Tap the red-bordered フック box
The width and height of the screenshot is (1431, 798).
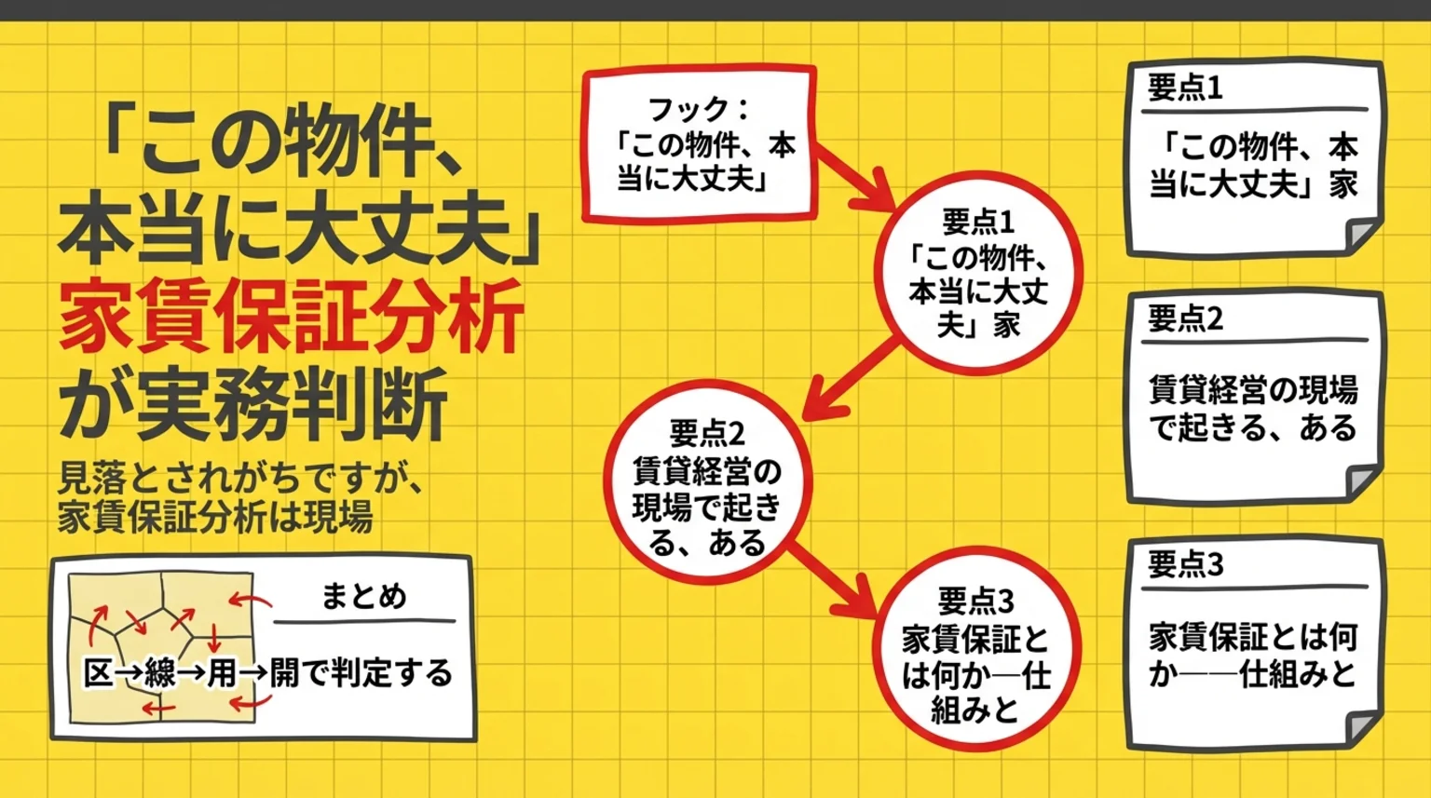700,143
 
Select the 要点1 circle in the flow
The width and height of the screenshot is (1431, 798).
978,273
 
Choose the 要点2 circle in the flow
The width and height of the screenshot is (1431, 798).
707,486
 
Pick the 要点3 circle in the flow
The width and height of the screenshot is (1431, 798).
975,653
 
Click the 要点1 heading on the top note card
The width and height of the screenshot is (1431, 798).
1185,88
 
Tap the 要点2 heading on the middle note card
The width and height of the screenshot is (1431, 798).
1185,319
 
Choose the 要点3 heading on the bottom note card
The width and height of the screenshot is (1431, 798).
1185,564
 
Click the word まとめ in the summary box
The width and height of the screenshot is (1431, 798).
364,596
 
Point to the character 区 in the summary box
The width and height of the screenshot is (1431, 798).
98,672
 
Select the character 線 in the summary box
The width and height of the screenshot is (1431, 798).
160,672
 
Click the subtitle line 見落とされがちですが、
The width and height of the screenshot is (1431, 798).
241,479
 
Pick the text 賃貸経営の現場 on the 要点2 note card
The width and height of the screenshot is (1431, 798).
1253,388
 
